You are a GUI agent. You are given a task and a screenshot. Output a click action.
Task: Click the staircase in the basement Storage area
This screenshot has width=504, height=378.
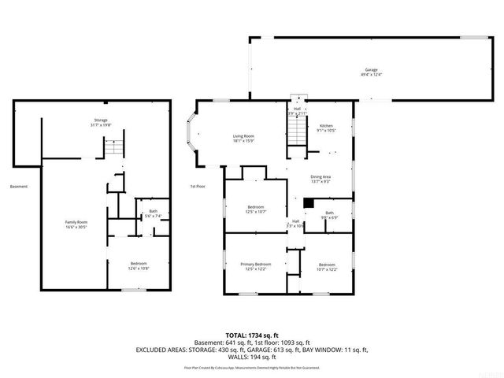coord(115,147)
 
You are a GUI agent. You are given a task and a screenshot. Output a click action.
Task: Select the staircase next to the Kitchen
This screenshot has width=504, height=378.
coord(295,135)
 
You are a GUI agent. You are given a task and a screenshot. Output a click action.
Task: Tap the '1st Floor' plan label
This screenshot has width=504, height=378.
coord(198,187)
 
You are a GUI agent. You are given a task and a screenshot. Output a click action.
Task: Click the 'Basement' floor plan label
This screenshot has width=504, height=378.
coord(19,187)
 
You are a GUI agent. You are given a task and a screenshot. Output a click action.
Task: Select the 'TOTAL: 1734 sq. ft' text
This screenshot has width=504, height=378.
coord(251,335)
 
